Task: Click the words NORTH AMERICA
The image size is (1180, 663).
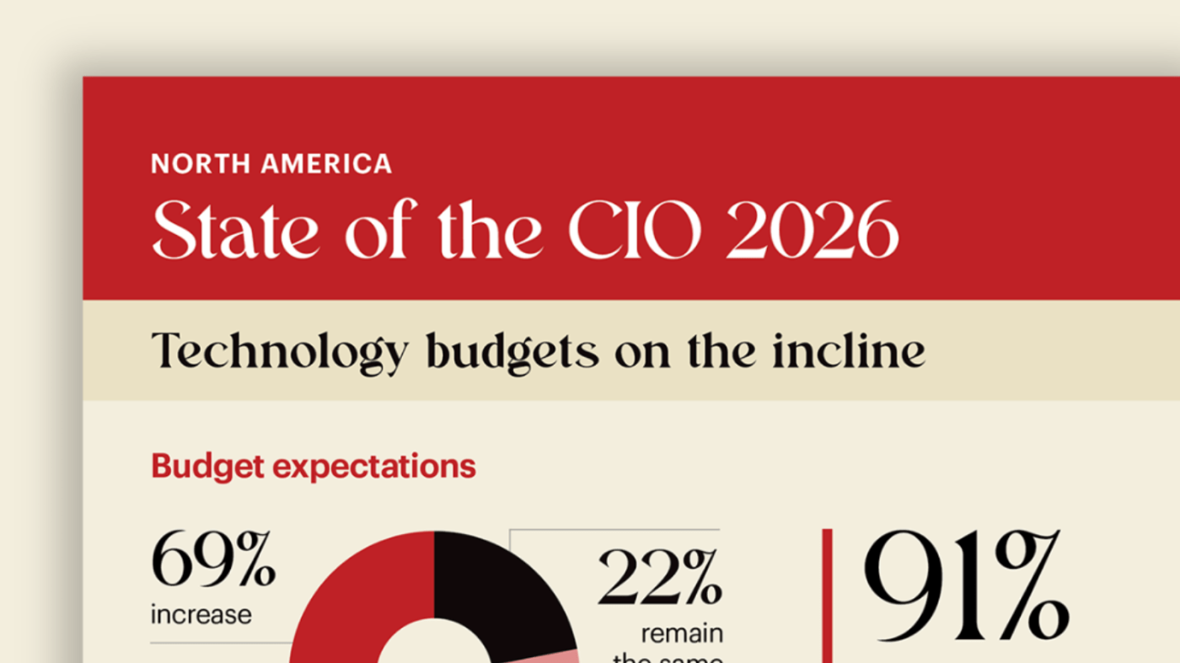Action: point(271,163)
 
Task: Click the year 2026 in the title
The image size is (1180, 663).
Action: point(812,231)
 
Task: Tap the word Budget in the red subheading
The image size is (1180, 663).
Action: point(201,466)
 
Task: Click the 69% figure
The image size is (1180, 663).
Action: point(213,559)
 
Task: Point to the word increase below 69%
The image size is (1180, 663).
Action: point(201,614)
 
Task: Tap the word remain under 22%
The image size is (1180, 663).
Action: point(682,632)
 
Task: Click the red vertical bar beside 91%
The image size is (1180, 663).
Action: point(827,594)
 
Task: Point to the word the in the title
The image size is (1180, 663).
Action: point(490,231)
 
